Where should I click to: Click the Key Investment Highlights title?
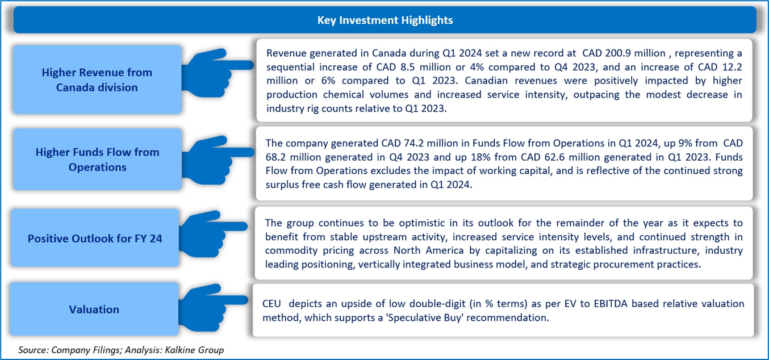[385, 20]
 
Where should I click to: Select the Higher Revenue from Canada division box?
[97, 79]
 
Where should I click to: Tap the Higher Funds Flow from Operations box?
[98, 159]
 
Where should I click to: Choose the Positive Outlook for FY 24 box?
[95, 238]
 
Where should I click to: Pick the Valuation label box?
[94, 309]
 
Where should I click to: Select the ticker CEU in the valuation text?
[271, 304]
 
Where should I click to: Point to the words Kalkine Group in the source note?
[194, 350]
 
